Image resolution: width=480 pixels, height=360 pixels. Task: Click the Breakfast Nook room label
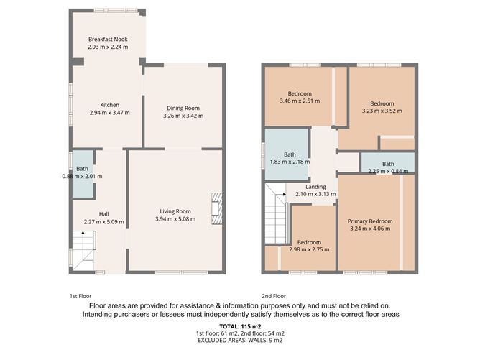point(108,39)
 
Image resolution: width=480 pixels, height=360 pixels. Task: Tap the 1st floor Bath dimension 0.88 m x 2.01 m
point(82,176)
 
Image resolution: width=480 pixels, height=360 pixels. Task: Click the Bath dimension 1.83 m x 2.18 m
point(290,162)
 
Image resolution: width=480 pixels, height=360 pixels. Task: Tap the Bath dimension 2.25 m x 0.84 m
point(387,172)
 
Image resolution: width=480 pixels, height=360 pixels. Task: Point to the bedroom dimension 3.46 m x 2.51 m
point(300,101)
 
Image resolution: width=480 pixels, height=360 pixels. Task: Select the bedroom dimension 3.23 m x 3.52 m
point(382,111)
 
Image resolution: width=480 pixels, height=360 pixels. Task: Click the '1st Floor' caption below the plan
point(82,295)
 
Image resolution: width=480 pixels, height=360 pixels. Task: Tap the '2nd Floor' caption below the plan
point(274,295)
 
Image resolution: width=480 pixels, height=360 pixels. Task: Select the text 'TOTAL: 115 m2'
point(240,327)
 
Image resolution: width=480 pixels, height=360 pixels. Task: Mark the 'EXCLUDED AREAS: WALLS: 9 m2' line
point(240,341)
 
